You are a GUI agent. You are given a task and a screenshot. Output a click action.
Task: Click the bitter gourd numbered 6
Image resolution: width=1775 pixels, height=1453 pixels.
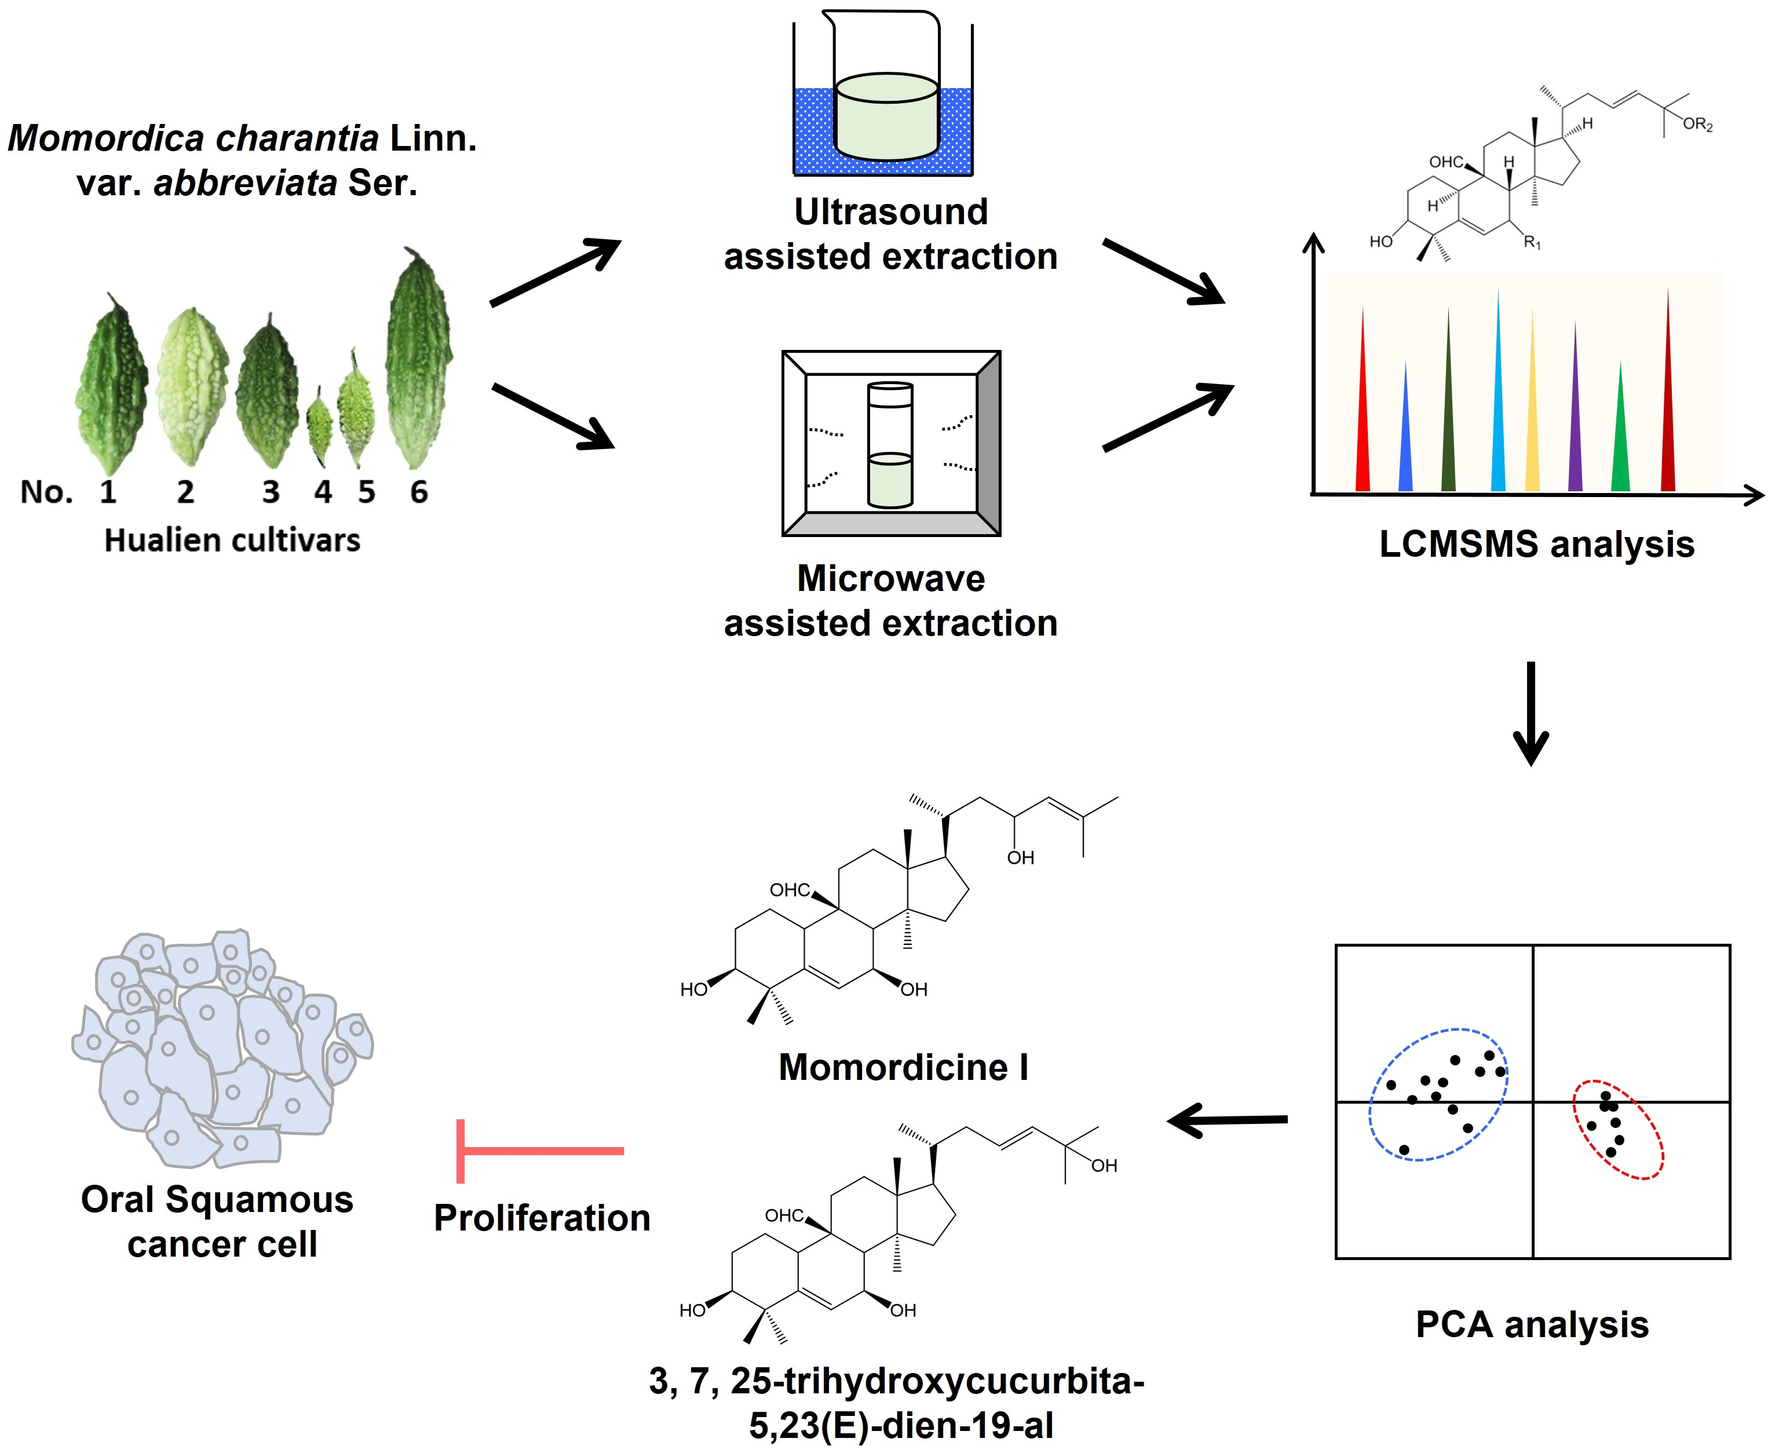tap(418, 360)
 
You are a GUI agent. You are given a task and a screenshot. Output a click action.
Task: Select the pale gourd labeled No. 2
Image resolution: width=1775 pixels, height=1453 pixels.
tap(192, 385)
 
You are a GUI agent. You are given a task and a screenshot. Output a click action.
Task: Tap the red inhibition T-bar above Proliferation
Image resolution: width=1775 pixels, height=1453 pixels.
tap(536, 1151)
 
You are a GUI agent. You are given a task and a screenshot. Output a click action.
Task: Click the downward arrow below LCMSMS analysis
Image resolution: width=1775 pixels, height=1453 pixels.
tap(1532, 711)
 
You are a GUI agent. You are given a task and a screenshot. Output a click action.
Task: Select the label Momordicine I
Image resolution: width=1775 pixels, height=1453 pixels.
tap(903, 1067)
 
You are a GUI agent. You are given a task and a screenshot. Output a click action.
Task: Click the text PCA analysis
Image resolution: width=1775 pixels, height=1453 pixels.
tap(1532, 1325)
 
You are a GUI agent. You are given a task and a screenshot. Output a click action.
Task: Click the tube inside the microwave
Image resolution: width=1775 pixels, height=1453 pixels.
tap(890, 446)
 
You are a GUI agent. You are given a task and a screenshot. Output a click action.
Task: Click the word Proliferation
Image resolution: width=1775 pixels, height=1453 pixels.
tap(542, 1218)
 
